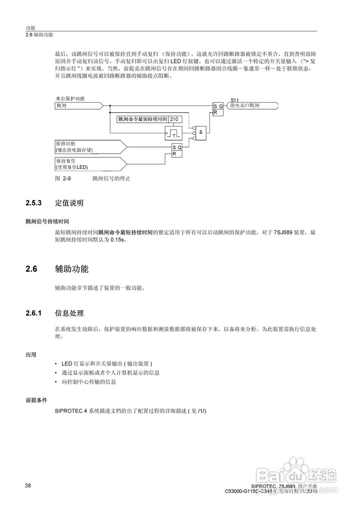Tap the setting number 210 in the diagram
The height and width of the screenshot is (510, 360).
174,119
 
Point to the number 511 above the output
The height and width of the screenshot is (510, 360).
235,100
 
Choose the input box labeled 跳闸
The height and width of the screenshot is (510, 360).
78,106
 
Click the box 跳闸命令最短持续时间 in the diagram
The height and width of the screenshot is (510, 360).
143,119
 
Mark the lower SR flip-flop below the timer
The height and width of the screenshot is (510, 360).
177,150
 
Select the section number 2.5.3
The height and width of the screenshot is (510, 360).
34,203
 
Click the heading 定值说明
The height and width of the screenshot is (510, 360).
69,203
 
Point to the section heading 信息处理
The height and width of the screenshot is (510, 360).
69,313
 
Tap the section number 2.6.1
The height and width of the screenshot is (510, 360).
34,313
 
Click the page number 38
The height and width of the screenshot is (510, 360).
28,486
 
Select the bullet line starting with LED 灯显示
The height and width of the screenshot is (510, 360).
107,364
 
